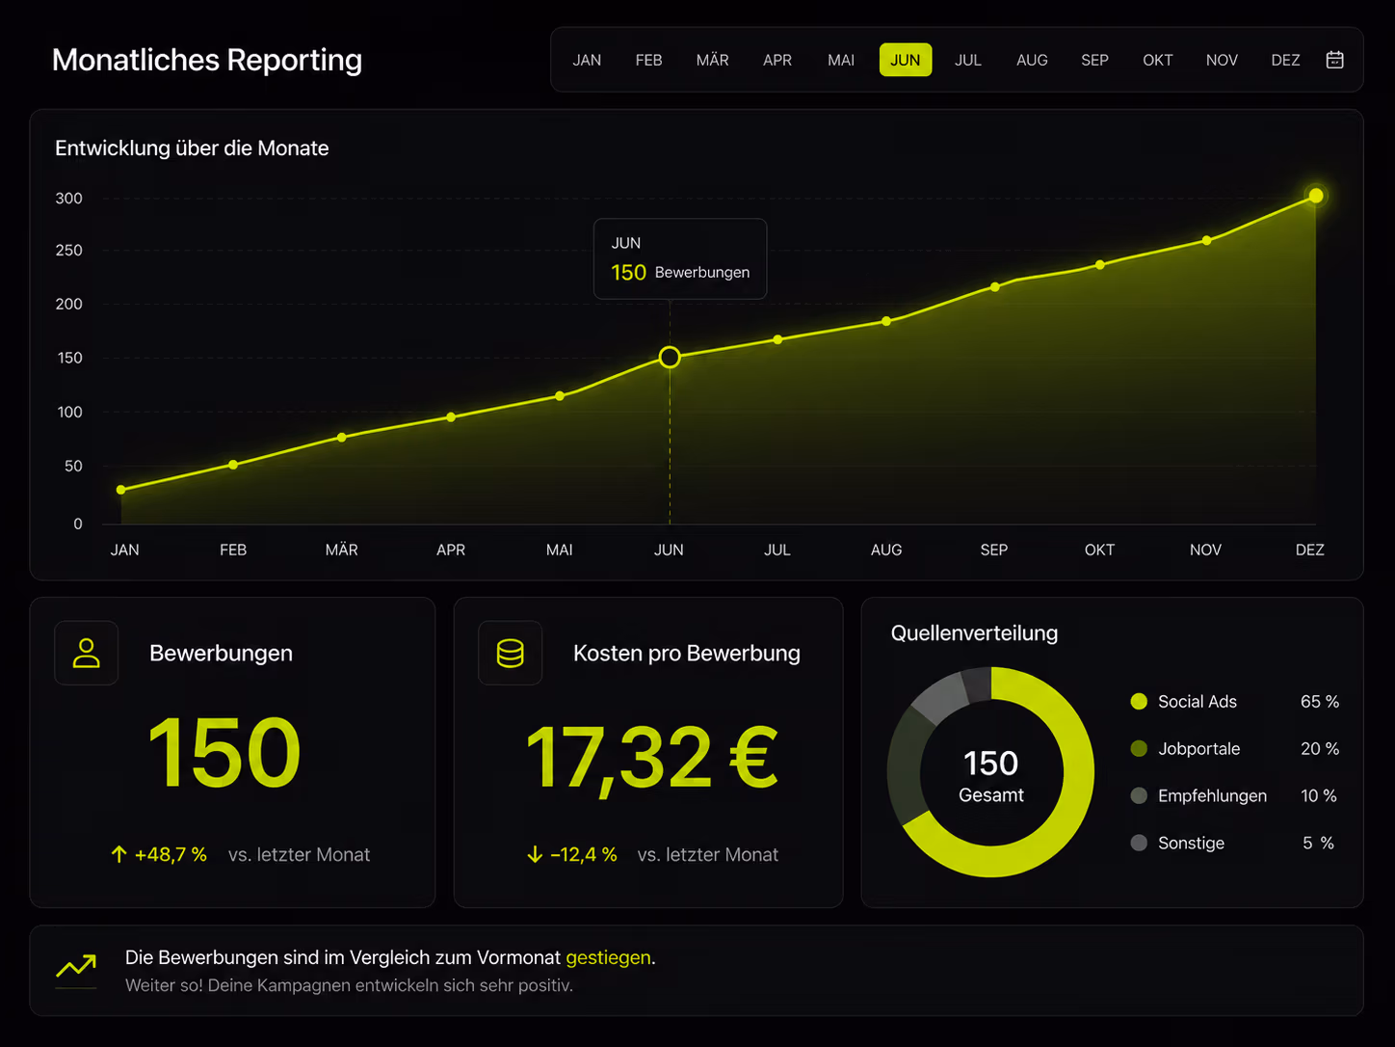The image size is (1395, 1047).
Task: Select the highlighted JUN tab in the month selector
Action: coord(905,60)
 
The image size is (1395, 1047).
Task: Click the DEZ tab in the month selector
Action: coord(1285,61)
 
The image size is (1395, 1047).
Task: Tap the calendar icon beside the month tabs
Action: coord(1334,60)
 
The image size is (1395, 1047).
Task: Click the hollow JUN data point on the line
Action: coord(670,358)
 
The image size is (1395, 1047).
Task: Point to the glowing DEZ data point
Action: coord(1316,196)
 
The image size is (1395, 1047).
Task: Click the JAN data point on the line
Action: coord(120,490)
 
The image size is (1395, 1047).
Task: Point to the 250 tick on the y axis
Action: coord(68,251)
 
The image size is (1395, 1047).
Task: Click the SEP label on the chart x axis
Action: coord(994,550)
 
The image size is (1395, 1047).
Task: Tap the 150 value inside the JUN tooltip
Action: coord(628,273)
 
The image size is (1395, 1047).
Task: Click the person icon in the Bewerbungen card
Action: coord(87,653)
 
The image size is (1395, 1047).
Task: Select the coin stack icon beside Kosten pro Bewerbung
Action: coord(510,653)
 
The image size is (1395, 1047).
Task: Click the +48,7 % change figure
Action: coord(171,854)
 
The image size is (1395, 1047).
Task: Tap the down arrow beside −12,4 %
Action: coord(535,854)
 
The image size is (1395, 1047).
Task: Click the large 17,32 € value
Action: coord(651,759)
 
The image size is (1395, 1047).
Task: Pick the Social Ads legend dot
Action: coord(1139,701)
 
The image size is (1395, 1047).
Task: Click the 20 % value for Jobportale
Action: coord(1319,749)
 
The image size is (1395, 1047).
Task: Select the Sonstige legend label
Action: coord(1191,843)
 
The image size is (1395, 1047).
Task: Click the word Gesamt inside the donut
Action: coord(990,795)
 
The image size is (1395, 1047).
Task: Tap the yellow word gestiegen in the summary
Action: coord(608,958)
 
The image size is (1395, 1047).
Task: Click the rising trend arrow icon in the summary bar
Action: coord(76,966)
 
